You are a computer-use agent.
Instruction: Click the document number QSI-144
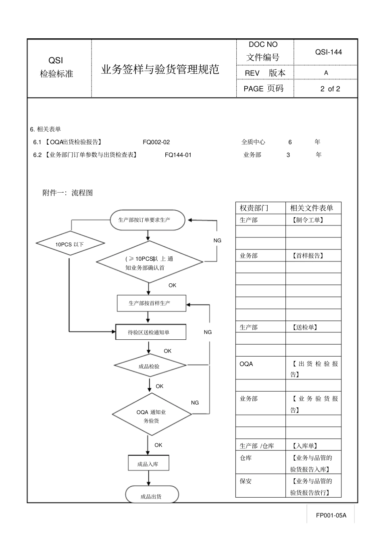[328, 52]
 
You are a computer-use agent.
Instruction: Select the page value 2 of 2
[330, 89]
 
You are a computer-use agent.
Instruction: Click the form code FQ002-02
[156, 142]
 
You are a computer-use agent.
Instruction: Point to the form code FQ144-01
[178, 155]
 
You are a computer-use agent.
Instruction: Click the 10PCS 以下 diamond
[70, 243]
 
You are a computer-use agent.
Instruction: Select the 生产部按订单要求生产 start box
[148, 220]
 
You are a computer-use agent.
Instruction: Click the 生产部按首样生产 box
[152, 303]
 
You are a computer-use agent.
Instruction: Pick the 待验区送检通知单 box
[151, 332]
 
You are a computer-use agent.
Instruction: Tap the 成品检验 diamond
[150, 365]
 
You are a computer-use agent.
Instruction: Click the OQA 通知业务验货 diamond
[152, 414]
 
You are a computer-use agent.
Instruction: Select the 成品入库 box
[148, 463]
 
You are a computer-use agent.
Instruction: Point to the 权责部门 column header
[254, 208]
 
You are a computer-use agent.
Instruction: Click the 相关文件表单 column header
[312, 208]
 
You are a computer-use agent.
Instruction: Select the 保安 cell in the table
[246, 481]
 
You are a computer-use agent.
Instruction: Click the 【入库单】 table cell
[305, 446]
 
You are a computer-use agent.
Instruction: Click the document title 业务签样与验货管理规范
[160, 69]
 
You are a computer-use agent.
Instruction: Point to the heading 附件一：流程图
[68, 193]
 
